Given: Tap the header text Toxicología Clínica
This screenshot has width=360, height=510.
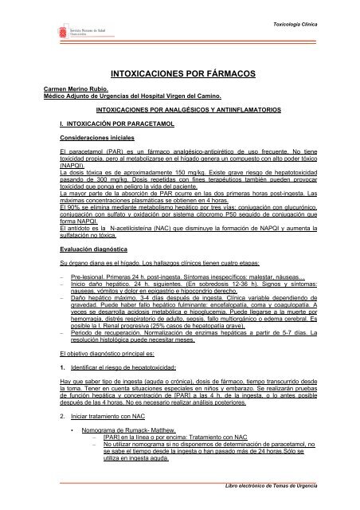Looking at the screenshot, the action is tap(312, 14).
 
